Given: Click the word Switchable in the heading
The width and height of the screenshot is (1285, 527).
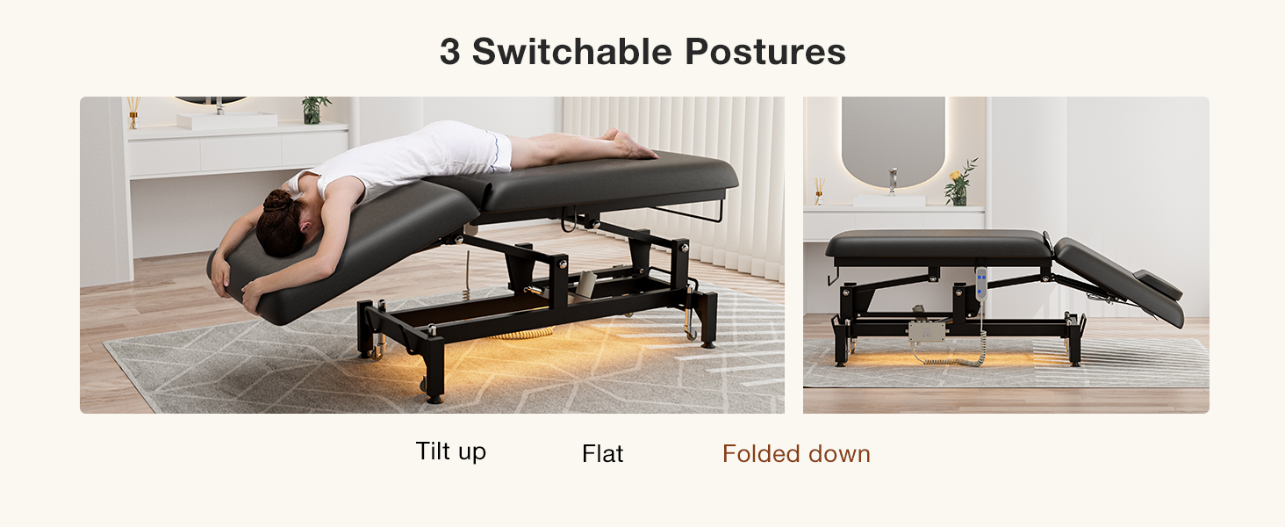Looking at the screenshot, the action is (x=572, y=52).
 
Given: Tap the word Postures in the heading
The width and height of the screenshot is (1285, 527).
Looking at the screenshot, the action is (x=765, y=52).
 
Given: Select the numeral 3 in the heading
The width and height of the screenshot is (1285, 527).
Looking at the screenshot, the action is (x=449, y=52).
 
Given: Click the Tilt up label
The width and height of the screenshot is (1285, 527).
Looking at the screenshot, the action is (x=451, y=451).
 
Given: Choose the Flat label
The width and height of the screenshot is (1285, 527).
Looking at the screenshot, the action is (x=602, y=453).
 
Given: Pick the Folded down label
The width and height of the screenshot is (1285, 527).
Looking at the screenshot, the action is (x=796, y=453).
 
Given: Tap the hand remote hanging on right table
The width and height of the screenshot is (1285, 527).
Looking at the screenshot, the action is (x=981, y=283).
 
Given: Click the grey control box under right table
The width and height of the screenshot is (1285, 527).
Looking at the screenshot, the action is (x=927, y=331).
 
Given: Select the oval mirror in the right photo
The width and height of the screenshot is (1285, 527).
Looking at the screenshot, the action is (x=893, y=141).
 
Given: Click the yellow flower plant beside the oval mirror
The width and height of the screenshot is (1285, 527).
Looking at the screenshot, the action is (x=959, y=183).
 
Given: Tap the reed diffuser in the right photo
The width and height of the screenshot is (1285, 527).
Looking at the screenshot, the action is (x=819, y=191).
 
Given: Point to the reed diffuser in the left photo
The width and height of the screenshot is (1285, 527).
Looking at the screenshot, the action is (x=133, y=112).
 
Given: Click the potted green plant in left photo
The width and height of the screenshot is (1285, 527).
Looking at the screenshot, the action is (x=314, y=110).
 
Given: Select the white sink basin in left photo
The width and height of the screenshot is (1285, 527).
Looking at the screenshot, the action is (x=227, y=120).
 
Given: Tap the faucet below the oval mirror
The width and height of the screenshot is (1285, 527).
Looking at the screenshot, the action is (x=893, y=182).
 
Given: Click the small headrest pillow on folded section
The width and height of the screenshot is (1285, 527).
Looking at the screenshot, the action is (x=1158, y=285).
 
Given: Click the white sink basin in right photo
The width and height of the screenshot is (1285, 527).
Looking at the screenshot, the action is (x=888, y=200).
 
